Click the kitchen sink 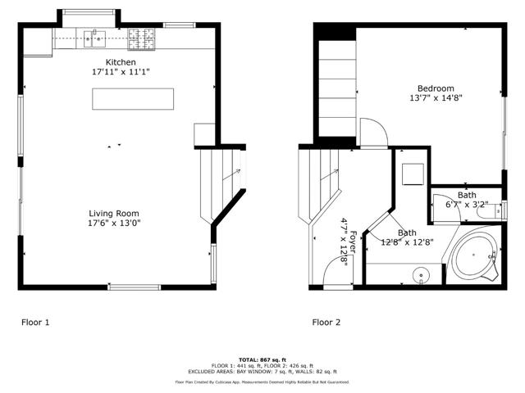(96, 36)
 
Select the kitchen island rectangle (133, 98)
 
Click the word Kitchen (121, 62)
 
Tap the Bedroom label (436, 88)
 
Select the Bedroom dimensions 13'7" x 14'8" (436, 98)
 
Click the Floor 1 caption (35, 323)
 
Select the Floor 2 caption (326, 323)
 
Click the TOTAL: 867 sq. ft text (262, 359)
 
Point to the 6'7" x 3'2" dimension (467, 205)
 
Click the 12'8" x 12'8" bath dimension (411, 242)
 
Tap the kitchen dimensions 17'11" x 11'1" (121, 72)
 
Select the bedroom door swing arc (371, 131)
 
